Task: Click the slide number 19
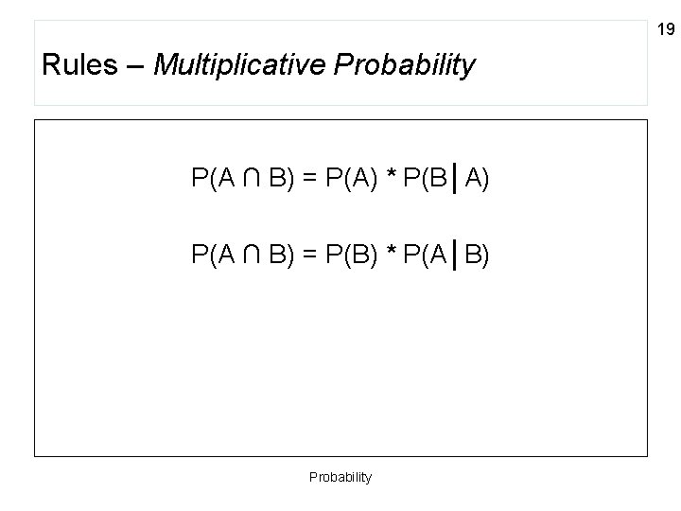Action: click(x=666, y=30)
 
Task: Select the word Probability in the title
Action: click(x=412, y=66)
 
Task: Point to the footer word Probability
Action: click(x=340, y=477)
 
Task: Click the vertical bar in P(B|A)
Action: click(x=457, y=178)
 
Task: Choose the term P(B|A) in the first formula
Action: click(x=445, y=178)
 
